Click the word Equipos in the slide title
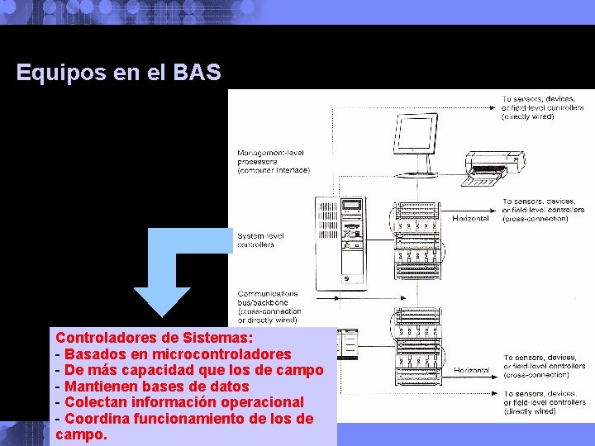pos(60,73)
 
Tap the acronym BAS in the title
pos(198,73)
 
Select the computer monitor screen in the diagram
pos(416,135)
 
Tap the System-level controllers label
pos(260,240)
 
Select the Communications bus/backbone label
pos(269,302)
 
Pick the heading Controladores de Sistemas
pos(155,338)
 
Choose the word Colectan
pos(95,402)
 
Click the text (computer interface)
pos(274,170)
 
